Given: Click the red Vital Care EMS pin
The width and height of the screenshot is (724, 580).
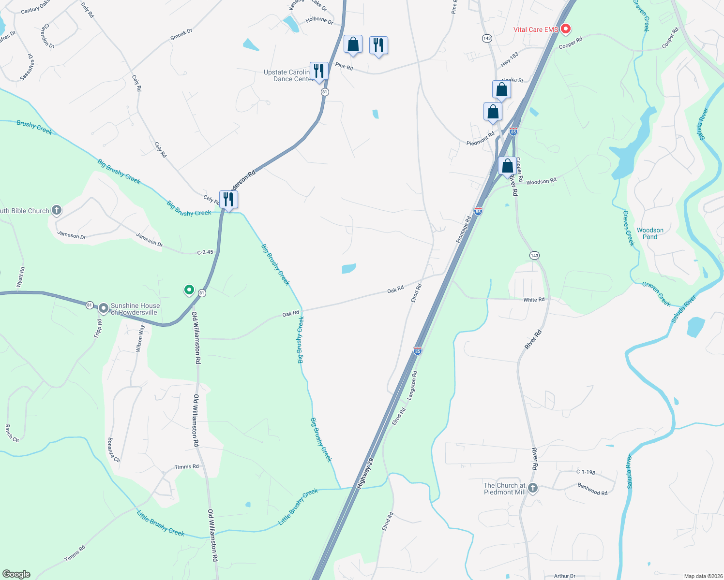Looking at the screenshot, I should click(x=565, y=29).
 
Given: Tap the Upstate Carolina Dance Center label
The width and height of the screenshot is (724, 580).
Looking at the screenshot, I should click(x=287, y=75).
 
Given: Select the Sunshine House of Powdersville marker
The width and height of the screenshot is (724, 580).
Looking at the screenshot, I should click(x=103, y=308).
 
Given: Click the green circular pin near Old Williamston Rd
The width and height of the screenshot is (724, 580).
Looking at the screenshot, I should click(x=189, y=290).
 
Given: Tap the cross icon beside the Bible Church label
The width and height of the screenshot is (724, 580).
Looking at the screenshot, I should click(x=57, y=210).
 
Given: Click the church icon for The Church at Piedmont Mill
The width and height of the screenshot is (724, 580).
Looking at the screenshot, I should click(x=533, y=488).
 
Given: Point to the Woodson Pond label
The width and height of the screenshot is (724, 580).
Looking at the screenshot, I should click(x=650, y=233).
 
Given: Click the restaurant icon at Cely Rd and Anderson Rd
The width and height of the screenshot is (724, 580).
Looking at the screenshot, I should click(x=228, y=199).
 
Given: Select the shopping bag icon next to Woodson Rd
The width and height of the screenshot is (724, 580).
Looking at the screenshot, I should click(x=507, y=166).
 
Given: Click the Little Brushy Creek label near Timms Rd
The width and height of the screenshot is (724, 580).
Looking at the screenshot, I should click(x=161, y=523).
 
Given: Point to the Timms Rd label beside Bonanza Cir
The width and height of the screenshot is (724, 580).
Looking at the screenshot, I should click(x=186, y=466).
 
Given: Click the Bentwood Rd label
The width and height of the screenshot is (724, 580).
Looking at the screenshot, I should click(x=592, y=489).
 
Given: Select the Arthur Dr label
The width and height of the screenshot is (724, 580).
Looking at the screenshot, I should click(x=564, y=576).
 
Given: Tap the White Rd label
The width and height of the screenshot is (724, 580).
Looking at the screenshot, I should click(x=534, y=300).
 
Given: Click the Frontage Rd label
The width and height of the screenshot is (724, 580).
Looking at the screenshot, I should click(x=463, y=230).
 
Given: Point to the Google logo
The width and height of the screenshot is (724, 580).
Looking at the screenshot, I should click(x=16, y=574).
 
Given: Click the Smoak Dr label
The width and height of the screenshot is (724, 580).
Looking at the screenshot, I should click(x=181, y=34).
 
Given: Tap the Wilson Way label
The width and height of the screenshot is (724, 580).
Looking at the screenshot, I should click(x=140, y=338).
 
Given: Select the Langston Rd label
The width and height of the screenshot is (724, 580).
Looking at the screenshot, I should click(x=411, y=385).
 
